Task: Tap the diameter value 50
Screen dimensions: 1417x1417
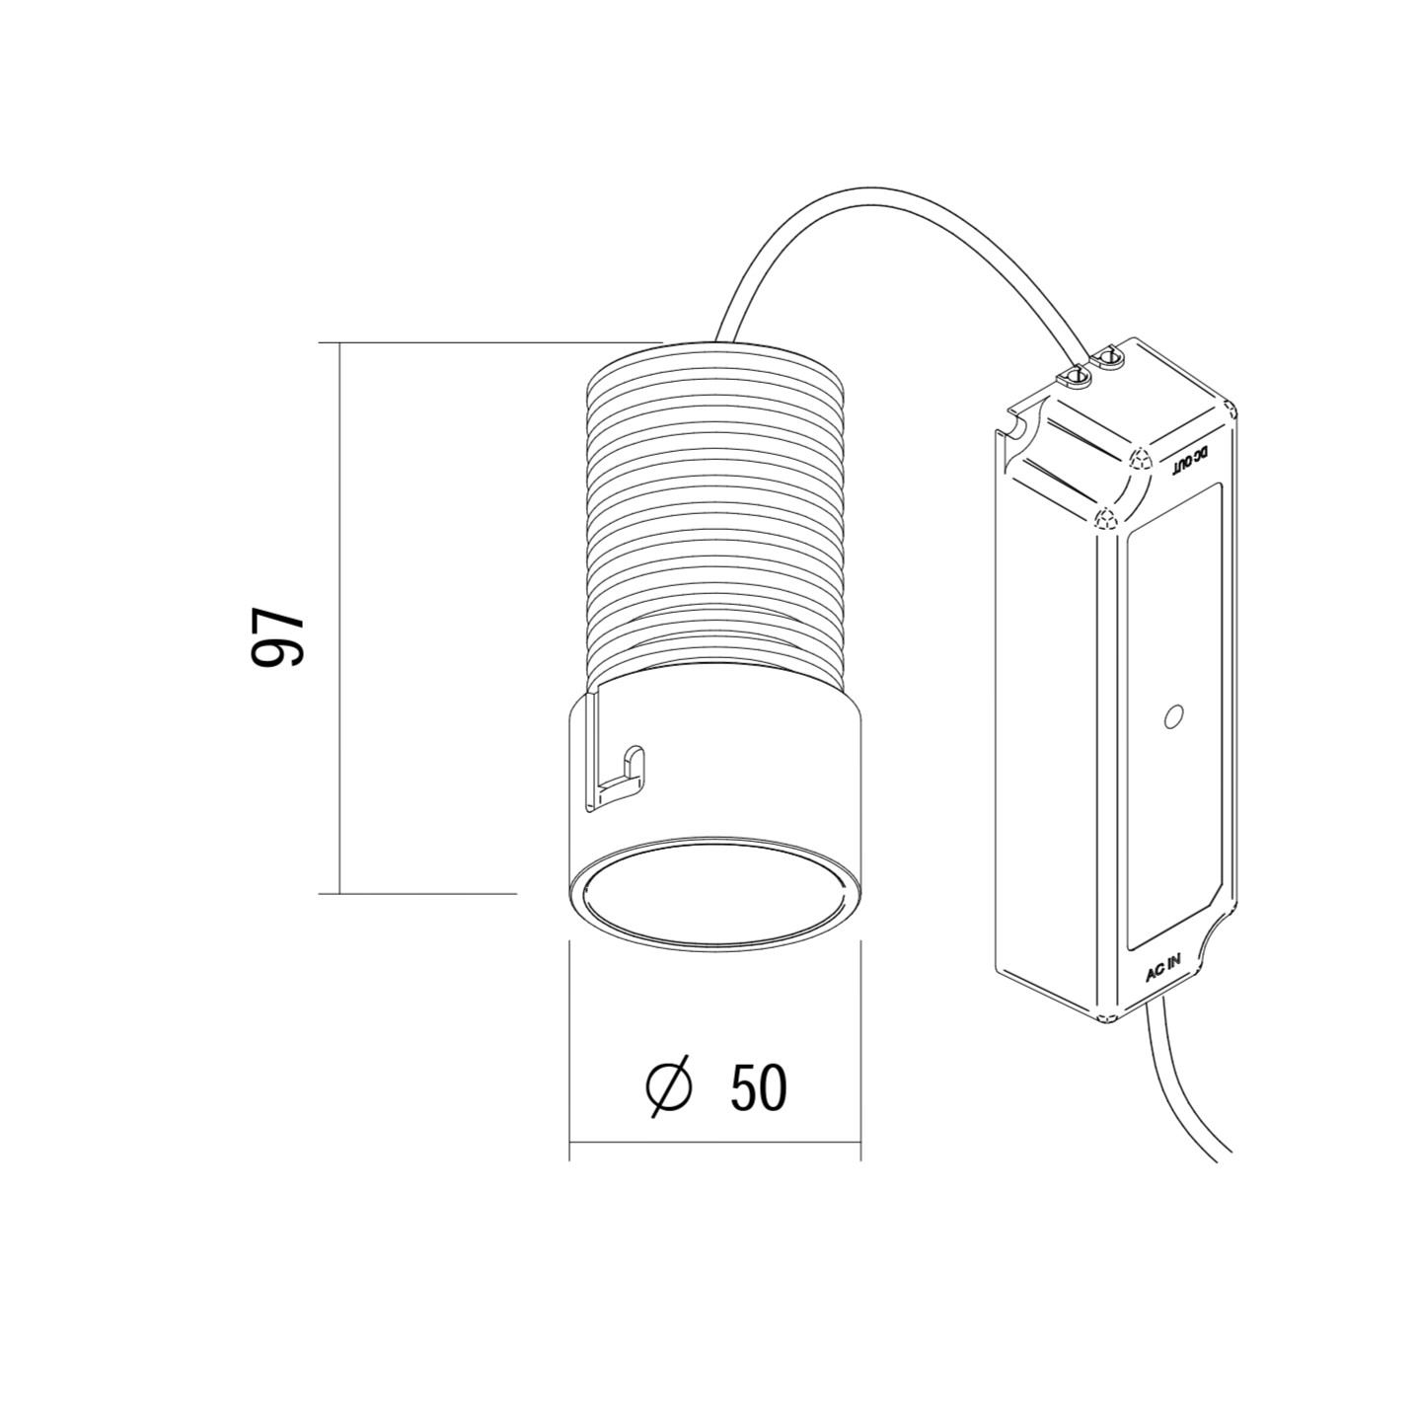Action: tap(759, 1087)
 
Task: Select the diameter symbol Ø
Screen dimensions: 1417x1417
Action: tap(670, 1087)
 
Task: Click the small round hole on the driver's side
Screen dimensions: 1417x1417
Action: tap(1173, 715)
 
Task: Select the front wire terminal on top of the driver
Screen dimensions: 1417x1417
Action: tap(1072, 376)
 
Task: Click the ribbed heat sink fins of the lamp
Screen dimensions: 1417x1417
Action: tap(715, 513)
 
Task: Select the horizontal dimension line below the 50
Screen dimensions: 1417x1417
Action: tap(715, 1144)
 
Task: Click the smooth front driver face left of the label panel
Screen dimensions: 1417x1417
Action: tap(1046, 710)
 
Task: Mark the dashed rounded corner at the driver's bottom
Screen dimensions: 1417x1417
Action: tap(1105, 1016)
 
